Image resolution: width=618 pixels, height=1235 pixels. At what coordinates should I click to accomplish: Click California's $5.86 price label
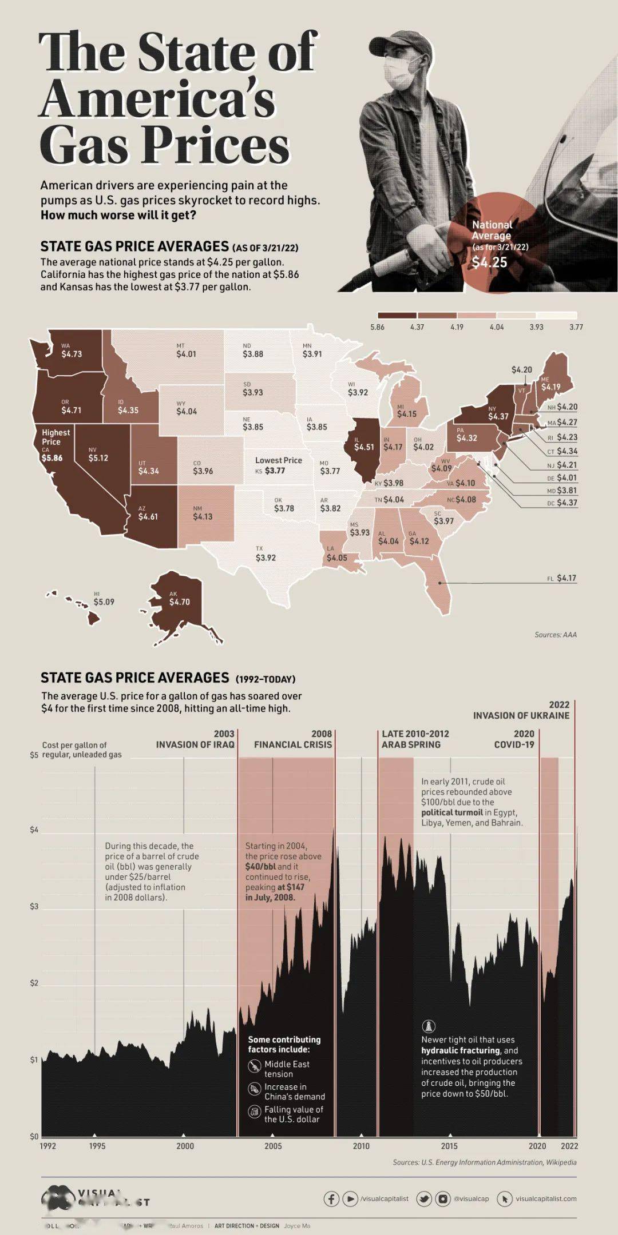tap(52, 458)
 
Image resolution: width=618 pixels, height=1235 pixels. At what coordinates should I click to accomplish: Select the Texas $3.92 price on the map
tap(266, 557)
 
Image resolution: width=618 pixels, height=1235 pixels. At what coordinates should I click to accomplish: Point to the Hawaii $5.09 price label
tap(104, 601)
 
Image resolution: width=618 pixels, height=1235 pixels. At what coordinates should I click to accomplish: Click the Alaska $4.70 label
tap(179, 601)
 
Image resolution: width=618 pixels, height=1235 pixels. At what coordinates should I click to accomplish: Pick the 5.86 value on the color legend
tap(377, 327)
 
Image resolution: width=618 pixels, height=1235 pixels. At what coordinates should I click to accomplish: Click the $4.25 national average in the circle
tap(489, 262)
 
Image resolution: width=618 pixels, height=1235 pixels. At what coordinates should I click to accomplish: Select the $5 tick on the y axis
tap(34, 755)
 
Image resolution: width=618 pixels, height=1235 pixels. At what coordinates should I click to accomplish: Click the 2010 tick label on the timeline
tap(361, 1146)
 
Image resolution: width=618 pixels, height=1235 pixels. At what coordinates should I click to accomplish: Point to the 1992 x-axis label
tap(48, 1146)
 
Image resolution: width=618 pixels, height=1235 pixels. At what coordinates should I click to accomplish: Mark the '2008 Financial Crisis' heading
tap(293, 739)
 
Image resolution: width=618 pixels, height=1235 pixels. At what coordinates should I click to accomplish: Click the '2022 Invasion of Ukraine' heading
tap(521, 710)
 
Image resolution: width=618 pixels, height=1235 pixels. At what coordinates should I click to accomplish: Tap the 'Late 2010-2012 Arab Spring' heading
tap(415, 739)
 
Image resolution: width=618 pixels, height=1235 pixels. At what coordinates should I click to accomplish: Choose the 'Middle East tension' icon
tap(254, 1066)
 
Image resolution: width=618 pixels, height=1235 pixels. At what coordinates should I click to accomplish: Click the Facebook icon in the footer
tap(331, 1198)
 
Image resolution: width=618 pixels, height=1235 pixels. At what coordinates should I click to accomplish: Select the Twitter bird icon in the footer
tap(424, 1198)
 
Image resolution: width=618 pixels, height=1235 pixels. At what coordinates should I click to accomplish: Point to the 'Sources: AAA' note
tap(555, 635)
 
